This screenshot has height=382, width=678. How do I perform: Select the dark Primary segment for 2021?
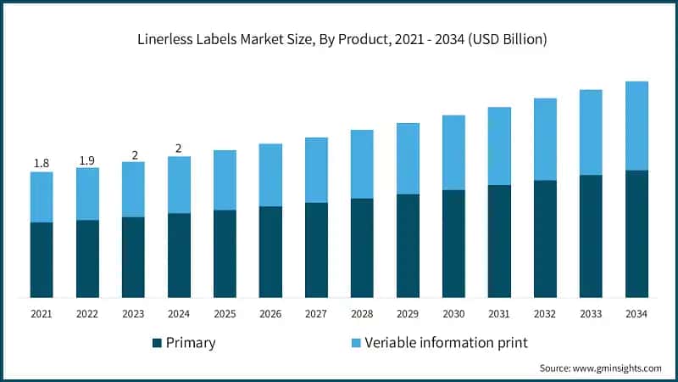tap(42, 260)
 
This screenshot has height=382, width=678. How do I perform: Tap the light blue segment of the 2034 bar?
tap(636, 126)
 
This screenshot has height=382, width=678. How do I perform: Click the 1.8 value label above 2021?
tap(42, 163)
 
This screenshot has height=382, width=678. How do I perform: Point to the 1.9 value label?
tap(87, 160)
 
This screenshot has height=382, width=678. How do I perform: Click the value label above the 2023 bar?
tap(133, 154)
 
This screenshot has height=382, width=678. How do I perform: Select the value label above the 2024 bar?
tap(179, 149)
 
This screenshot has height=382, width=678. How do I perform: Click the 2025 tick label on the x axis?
tap(225, 314)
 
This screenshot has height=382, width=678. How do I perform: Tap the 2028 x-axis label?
tap(362, 314)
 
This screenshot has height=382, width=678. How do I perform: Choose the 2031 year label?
tap(499, 314)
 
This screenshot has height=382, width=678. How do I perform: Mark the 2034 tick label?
tap(636, 314)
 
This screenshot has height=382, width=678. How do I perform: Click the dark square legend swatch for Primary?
tap(157, 343)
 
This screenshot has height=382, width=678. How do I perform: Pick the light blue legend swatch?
tap(356, 343)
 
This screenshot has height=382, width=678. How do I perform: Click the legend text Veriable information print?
tap(447, 343)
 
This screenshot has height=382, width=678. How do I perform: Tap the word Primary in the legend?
tap(191, 343)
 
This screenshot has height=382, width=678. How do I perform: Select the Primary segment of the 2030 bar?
tap(453, 244)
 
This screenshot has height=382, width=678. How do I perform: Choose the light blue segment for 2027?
tap(316, 170)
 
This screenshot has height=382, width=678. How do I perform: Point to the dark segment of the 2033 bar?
tap(591, 236)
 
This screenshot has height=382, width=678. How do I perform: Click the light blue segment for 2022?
tap(87, 194)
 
